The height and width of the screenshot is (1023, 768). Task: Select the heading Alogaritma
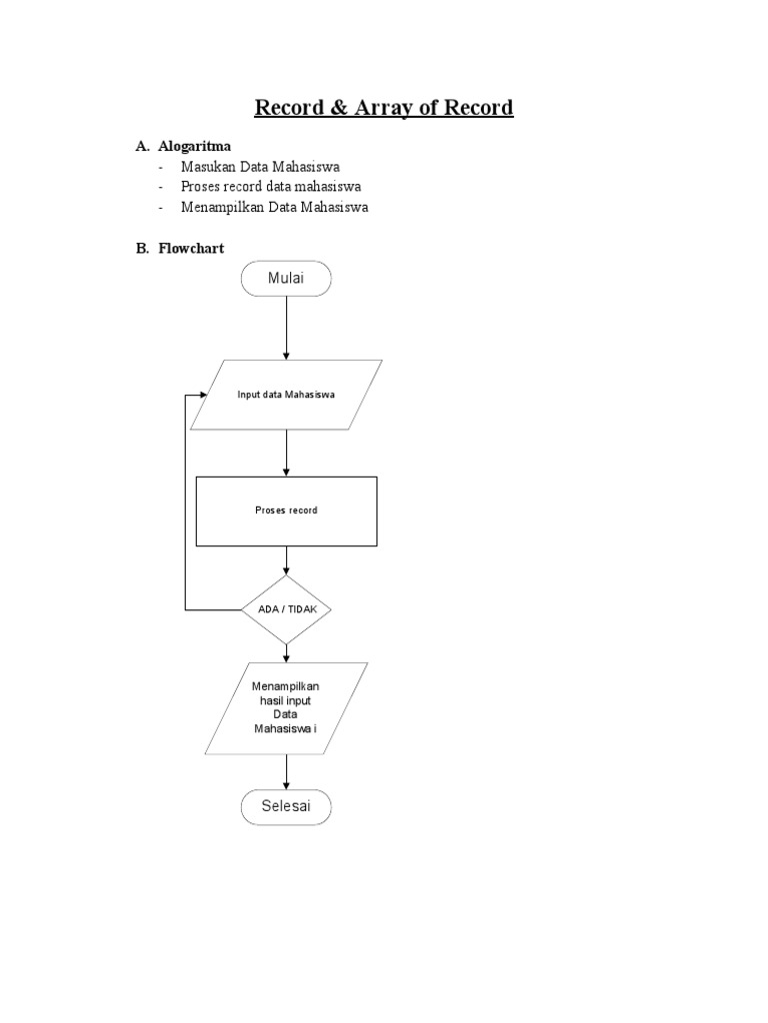(194, 146)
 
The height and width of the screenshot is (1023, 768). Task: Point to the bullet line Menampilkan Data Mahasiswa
(274, 207)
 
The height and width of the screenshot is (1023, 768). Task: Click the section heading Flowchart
(191, 249)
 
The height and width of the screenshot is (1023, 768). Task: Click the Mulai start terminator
(286, 279)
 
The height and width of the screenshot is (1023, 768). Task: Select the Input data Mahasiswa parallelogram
(286, 395)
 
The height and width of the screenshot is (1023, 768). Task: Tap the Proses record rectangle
(286, 511)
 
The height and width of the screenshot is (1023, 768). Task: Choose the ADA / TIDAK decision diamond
(286, 608)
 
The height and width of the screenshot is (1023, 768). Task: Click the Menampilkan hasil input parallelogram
(286, 708)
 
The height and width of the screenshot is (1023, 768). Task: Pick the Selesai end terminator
(286, 806)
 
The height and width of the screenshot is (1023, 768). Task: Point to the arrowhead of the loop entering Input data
(203, 395)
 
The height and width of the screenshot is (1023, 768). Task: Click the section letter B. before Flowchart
(142, 249)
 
